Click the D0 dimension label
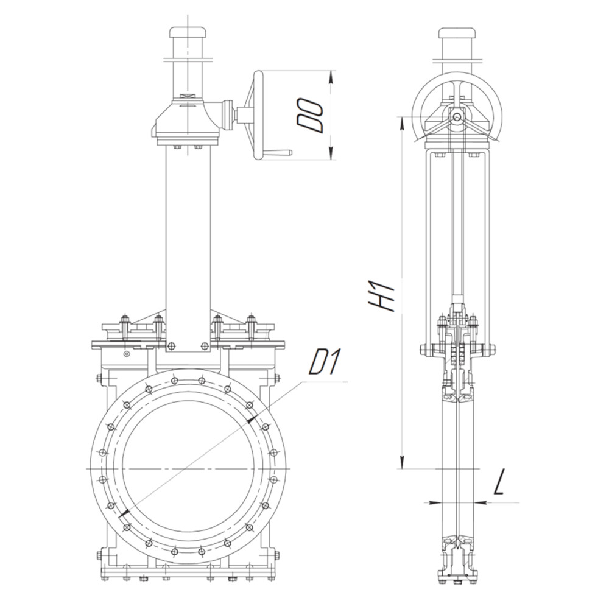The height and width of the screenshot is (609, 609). pyautogui.click(x=309, y=115)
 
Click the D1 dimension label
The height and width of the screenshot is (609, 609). pyautogui.click(x=325, y=362)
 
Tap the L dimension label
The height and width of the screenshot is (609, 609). pyautogui.click(x=500, y=482)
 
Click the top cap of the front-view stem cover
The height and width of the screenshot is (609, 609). pyautogui.click(x=187, y=32)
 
